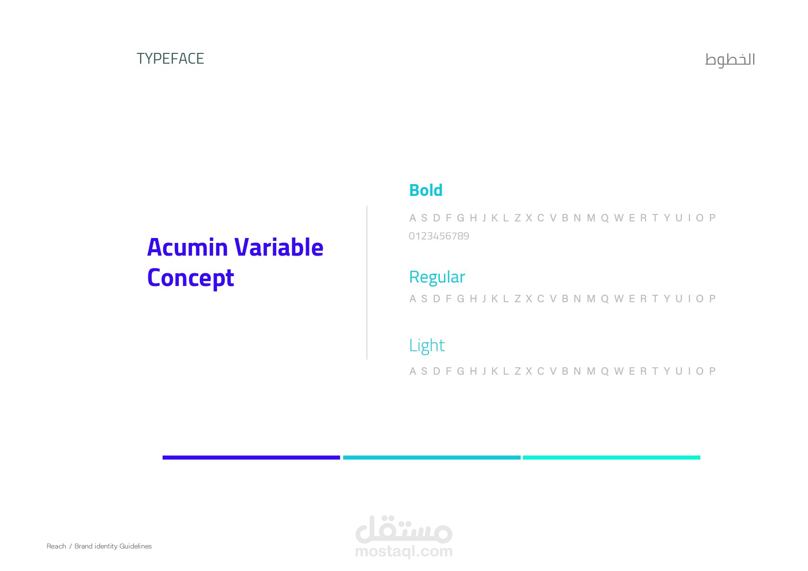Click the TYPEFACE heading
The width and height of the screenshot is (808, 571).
[170, 58]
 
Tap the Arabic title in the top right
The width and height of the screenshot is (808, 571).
[730, 60]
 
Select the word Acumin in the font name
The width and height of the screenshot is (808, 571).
[188, 247]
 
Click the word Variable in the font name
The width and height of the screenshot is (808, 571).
[279, 247]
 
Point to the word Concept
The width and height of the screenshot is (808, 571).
[190, 278]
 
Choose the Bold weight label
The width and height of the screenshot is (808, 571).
[426, 190]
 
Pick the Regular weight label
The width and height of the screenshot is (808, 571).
[437, 277]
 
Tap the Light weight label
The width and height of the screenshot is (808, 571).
[427, 346]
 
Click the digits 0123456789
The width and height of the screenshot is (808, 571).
[439, 236]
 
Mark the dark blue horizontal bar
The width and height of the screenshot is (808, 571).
[251, 457]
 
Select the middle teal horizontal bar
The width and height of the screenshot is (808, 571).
[432, 457]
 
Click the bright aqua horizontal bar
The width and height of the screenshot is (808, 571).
[612, 457]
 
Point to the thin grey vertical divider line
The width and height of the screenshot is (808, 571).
[367, 283]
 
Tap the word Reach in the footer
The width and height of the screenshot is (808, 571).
[56, 546]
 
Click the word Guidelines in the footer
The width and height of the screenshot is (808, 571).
[136, 546]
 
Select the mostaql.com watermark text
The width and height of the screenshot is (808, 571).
[404, 551]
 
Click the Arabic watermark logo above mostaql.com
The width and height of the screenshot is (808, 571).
[404, 529]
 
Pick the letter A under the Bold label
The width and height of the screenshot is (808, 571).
[413, 218]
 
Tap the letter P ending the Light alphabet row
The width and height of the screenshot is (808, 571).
[713, 371]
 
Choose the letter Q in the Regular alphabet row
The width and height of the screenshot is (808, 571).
[605, 299]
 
